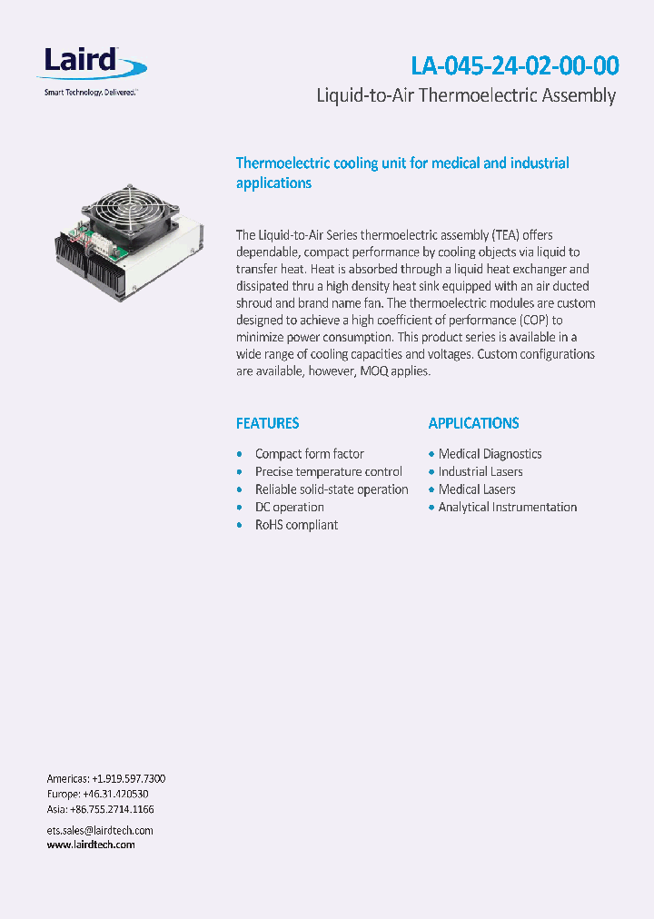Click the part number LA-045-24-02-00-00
tap(515, 66)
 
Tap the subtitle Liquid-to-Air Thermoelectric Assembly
tap(465, 96)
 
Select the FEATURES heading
tap(267, 423)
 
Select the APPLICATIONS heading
tap(473, 423)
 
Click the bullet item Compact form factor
tap(309, 454)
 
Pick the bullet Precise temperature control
tap(328, 471)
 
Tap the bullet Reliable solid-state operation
tap(332, 489)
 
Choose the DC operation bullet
tap(289, 507)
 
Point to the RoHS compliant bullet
tap(296, 525)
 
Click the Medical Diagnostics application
tap(490, 454)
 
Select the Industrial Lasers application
tap(481, 471)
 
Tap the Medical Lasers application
tap(477, 489)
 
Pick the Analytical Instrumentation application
tap(507, 507)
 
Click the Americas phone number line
tap(105, 779)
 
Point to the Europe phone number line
tap(97, 794)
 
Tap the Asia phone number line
tap(100, 809)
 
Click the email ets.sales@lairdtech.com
tap(100, 830)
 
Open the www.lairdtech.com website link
tap(91, 845)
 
